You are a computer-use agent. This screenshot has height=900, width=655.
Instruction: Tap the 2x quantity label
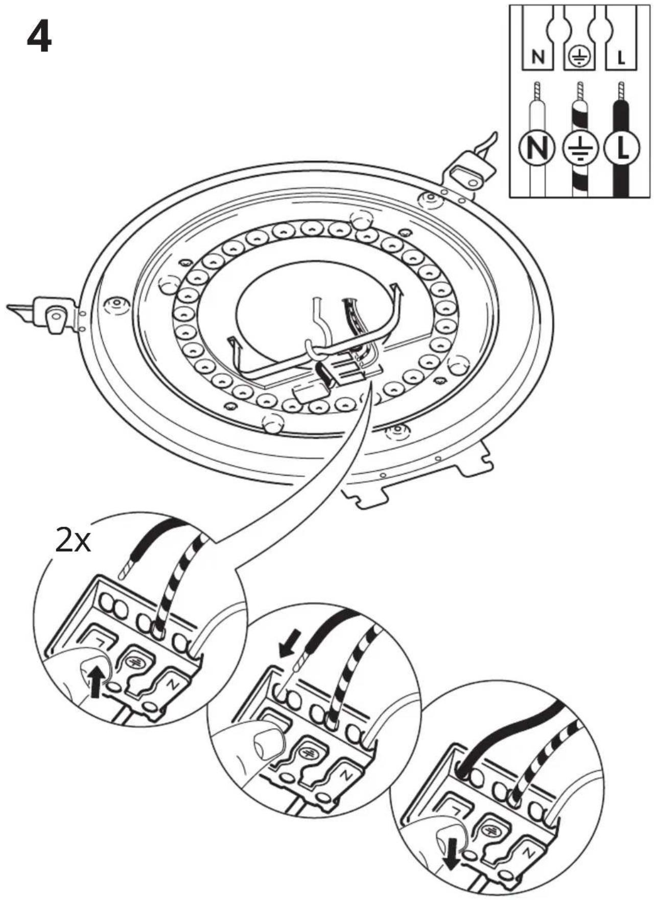tap(73, 542)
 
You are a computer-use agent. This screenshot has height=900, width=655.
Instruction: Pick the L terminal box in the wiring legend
tap(621, 56)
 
